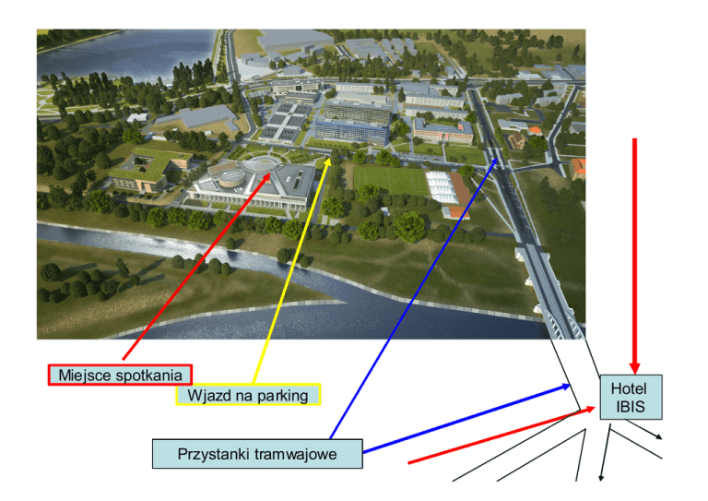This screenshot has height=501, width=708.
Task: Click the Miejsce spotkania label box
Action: coord(120,375)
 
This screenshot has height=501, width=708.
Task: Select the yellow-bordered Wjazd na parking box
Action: coord(247,396)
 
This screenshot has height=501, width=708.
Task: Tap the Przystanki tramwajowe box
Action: coord(257,454)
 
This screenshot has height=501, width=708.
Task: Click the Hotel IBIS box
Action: coord(631,398)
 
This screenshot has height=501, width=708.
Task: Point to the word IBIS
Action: coord(631,406)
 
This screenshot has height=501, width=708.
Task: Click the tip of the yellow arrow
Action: coord(331,159)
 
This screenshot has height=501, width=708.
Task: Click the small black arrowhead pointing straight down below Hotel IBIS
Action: coord(601,476)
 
